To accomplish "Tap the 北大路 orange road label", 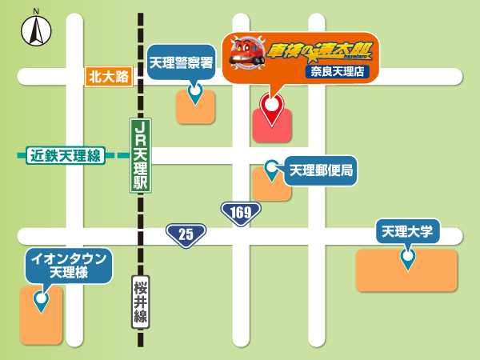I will (x=109, y=77).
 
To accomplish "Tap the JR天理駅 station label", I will (x=141, y=155).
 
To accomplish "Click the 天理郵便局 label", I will (x=321, y=170).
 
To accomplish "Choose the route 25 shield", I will (x=186, y=234).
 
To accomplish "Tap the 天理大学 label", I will (x=407, y=232).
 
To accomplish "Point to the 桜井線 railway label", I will (x=141, y=302).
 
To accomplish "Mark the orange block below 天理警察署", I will (x=196, y=110).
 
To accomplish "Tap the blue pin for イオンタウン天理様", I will (x=40, y=301).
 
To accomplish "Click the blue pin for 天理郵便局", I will (x=272, y=170).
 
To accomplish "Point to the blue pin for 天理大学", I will (x=408, y=258).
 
